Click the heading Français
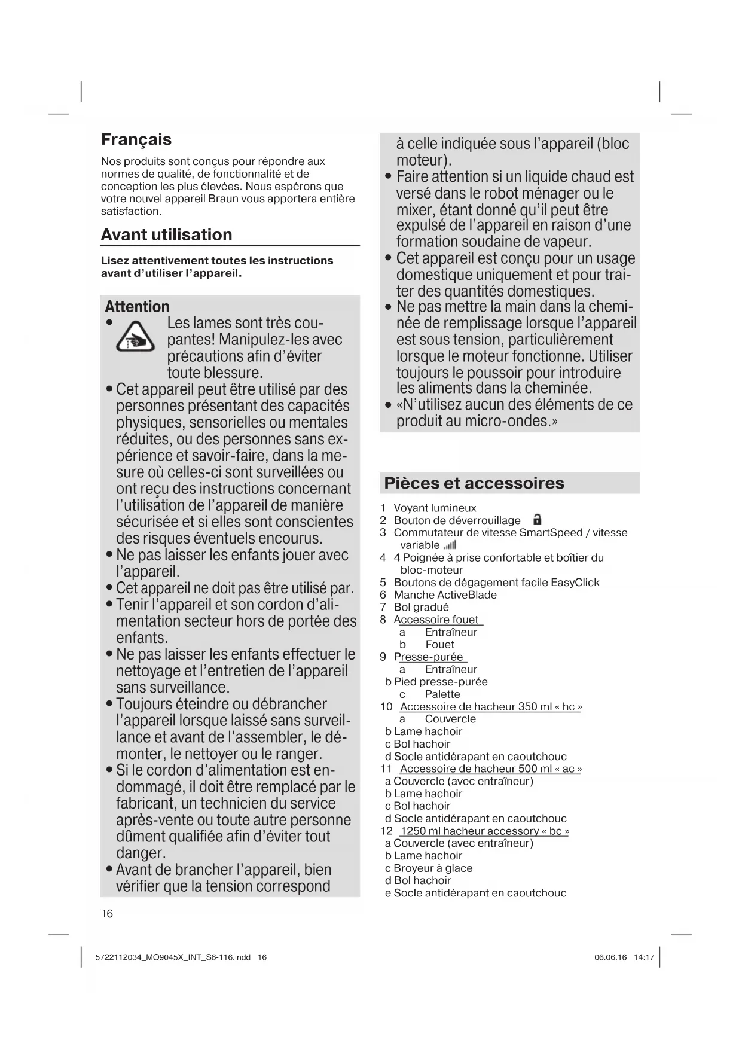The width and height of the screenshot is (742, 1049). [136, 139]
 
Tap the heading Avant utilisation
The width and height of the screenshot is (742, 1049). [166, 234]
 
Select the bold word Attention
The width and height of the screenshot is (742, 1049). [137, 307]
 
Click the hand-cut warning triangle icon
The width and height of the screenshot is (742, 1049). [135, 337]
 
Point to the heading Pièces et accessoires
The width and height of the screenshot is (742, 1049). [474, 483]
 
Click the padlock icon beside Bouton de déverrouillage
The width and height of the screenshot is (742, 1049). [537, 520]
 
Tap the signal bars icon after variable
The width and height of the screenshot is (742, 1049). [450, 545]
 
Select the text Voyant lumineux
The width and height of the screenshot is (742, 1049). [435, 508]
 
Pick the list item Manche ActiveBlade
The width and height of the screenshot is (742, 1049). [445, 594]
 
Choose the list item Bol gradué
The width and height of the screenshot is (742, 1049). [421, 607]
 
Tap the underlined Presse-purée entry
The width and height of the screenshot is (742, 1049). [429, 657]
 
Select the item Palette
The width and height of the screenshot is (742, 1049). [442, 694]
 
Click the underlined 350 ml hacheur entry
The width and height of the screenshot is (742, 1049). [491, 706]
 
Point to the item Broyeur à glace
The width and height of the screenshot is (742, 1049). [433, 868]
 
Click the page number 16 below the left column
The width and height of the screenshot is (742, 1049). [107, 913]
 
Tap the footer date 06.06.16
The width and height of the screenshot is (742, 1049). [610, 957]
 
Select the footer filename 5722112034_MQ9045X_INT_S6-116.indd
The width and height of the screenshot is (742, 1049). [173, 957]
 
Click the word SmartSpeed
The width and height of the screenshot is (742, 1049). [550, 532]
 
